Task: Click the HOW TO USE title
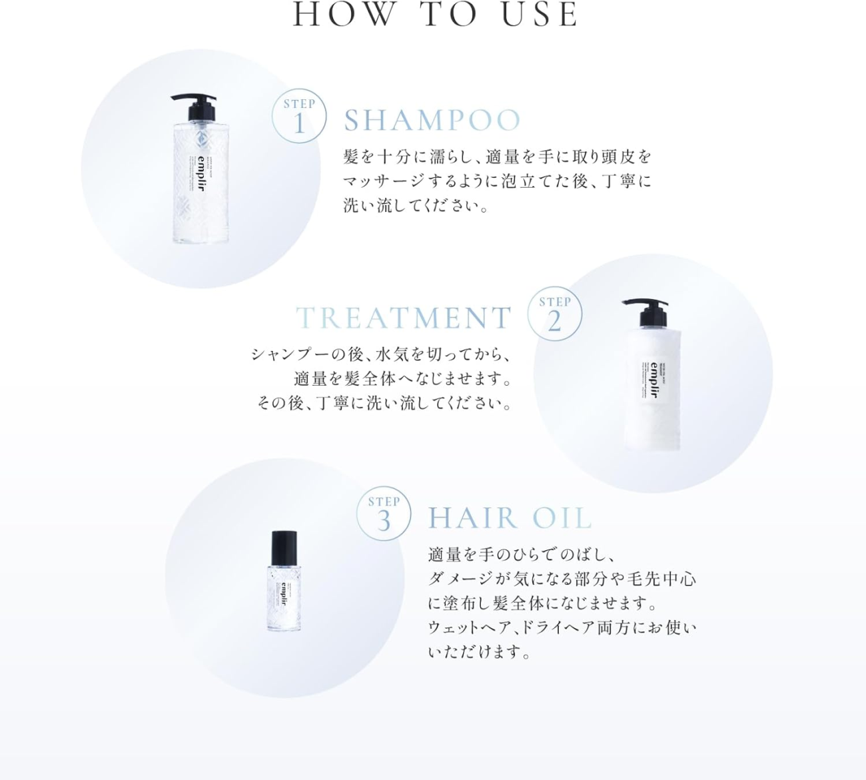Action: coord(436,15)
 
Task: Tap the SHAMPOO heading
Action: coord(432,121)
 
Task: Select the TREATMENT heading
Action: coord(404,318)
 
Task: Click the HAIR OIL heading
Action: coord(510,518)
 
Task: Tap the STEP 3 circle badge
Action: coord(384,514)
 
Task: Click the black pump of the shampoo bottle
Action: coord(195,105)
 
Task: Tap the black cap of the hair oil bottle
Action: coord(284,547)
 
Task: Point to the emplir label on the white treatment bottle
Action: coord(653,380)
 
